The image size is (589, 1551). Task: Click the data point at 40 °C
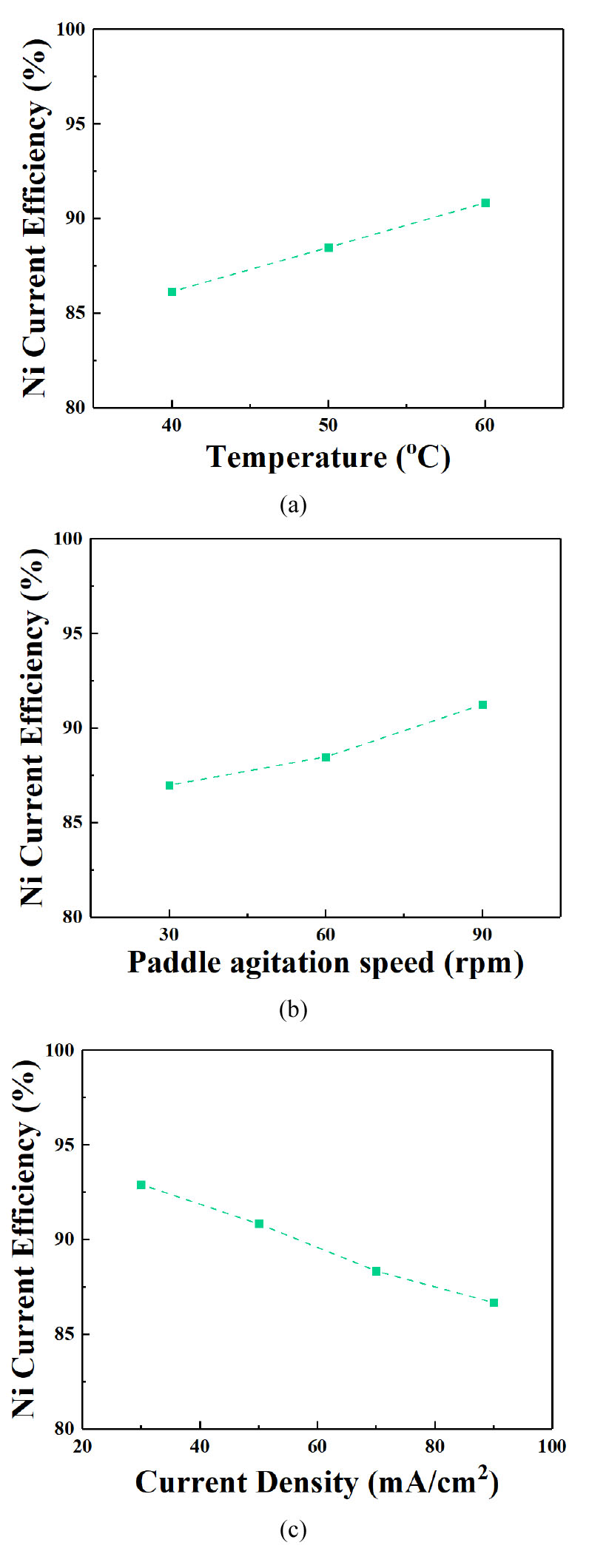[172, 292]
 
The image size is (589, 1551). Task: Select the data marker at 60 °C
[485, 203]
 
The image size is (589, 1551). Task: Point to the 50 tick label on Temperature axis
[328, 425]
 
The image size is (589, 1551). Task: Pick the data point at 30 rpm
[169, 785]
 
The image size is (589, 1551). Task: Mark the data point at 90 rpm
[482, 704]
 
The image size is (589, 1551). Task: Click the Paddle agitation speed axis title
[325, 962]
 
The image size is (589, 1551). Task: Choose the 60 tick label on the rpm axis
[326, 935]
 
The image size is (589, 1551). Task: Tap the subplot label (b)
[293, 1009]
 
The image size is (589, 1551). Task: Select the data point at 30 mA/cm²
[141, 1185]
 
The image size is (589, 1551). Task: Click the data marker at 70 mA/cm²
[376, 1271]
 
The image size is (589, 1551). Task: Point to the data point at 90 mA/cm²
[494, 1302]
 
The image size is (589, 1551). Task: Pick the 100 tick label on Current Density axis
[552, 1447]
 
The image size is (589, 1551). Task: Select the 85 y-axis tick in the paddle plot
[72, 822]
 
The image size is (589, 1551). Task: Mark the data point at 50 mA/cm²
[259, 1224]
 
